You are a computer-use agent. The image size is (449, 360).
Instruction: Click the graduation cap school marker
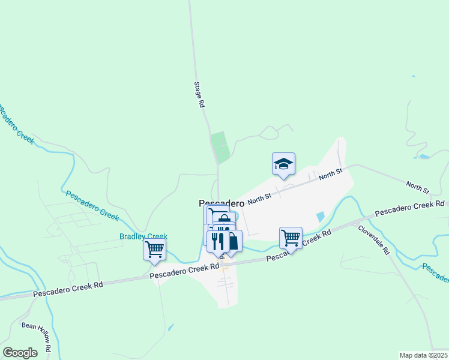click(x=284, y=164)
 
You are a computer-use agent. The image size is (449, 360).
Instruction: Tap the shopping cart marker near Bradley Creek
click(x=154, y=249)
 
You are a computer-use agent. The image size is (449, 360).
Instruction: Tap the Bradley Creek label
click(x=143, y=237)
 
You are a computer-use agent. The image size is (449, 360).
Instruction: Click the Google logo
click(x=20, y=353)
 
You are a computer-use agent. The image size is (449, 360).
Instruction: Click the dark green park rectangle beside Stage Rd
click(x=220, y=147)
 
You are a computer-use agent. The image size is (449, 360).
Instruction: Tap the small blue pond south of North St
click(x=320, y=216)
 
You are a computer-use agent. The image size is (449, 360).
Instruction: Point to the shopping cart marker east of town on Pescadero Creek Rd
click(x=291, y=238)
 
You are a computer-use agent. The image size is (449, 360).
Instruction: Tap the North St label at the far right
click(x=417, y=187)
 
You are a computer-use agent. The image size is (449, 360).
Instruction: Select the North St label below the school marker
click(x=330, y=175)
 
